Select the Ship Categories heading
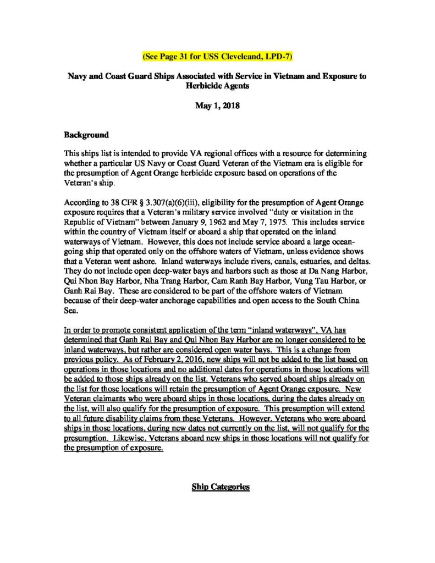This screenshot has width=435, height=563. tap(221, 487)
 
